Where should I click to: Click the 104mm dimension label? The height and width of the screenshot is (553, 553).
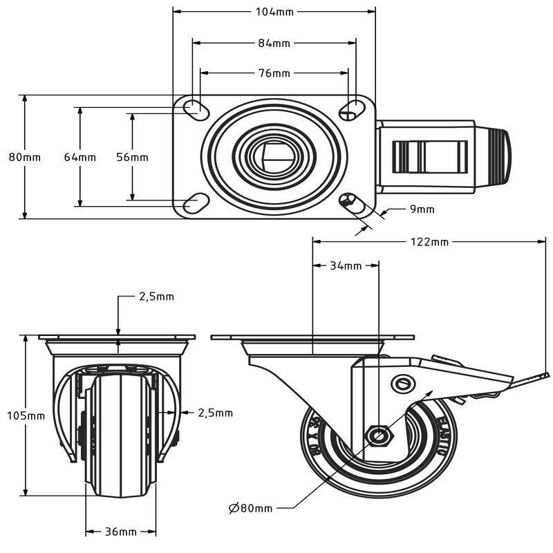click(274, 11)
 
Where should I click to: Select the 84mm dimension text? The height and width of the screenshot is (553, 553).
click(274, 43)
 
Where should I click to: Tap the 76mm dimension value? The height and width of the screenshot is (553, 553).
click(274, 73)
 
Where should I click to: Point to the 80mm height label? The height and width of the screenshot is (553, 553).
click(25, 157)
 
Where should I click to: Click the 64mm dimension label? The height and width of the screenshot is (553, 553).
click(80, 157)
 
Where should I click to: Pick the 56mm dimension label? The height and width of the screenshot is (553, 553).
click(132, 157)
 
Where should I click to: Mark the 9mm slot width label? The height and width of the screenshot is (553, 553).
click(422, 209)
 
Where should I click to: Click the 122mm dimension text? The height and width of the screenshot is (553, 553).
click(429, 242)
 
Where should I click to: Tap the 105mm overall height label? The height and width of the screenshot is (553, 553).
click(26, 415)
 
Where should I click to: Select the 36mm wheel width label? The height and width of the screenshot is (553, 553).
click(120, 532)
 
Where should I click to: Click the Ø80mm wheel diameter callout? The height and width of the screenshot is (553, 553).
click(250, 508)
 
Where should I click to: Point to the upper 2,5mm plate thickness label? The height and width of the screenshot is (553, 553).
click(156, 297)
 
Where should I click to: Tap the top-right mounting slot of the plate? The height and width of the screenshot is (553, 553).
click(353, 106)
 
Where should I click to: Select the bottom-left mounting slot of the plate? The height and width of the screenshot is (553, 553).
click(194, 203)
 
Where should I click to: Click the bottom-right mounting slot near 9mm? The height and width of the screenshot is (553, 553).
click(351, 202)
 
